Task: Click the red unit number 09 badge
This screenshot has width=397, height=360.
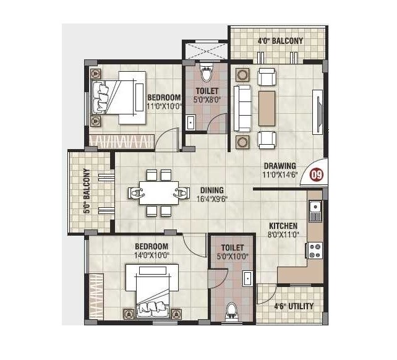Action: coord(317,174)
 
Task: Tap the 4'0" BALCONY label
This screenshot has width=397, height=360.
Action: coord(280,41)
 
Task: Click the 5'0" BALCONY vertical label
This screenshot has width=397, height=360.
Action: coord(87,191)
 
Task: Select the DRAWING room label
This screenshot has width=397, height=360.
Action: coord(280,166)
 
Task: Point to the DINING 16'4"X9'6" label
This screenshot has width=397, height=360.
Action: coord(211,195)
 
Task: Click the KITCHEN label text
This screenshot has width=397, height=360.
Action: coord(283,226)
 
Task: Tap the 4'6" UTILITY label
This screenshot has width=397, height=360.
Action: coord(293,306)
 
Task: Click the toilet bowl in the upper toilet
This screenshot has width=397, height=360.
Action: coord(207,75)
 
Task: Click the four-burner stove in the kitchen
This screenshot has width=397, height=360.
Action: coord(314,250)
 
